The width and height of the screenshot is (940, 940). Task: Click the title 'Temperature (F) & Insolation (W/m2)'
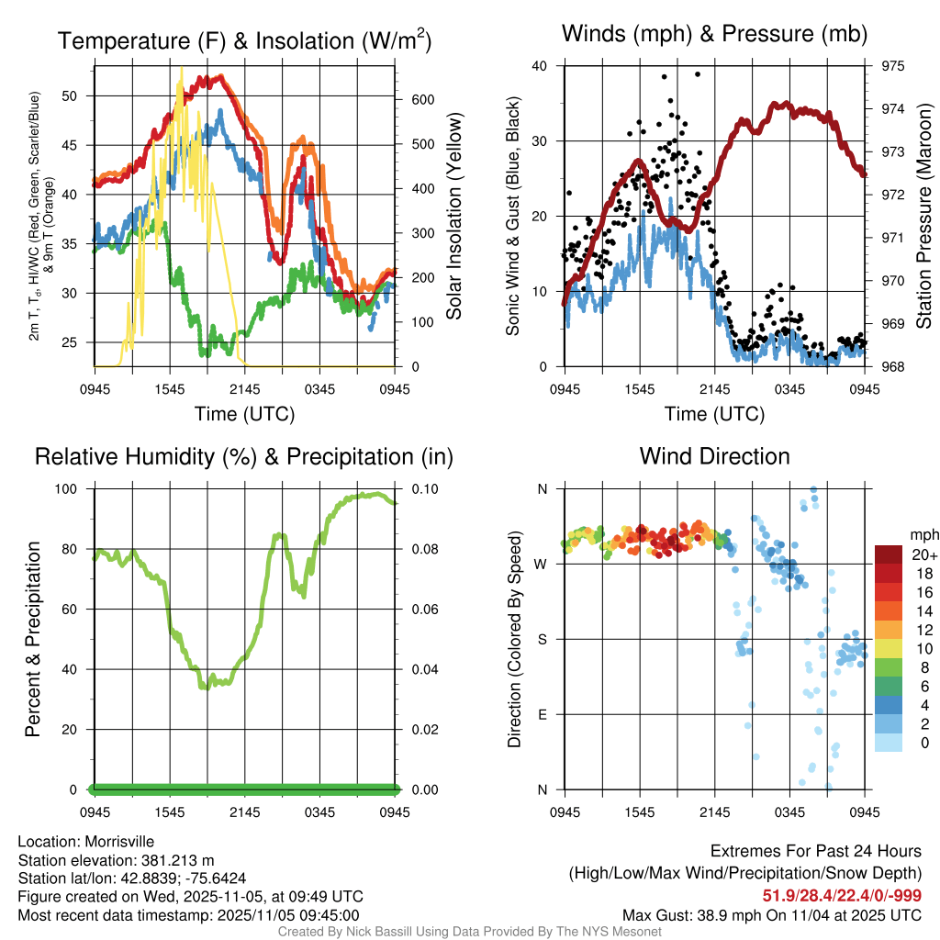point(244,41)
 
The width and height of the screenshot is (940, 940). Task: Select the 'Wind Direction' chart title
point(714,456)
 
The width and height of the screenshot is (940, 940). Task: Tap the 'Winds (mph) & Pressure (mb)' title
point(714,34)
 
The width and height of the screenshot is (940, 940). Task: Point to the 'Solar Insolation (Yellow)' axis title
point(453,217)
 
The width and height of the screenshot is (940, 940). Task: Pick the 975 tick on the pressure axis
point(893,66)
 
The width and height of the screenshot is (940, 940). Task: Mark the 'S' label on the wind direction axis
point(542,639)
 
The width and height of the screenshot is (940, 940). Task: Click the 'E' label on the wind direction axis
point(542,714)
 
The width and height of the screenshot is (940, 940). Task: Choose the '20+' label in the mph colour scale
point(922,554)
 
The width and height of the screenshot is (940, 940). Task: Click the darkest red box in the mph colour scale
point(889,554)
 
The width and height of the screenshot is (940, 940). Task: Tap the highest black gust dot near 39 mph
point(698,74)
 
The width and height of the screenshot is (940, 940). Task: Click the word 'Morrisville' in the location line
point(119,842)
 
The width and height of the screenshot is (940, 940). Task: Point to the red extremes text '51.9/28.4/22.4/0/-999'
point(842,895)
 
